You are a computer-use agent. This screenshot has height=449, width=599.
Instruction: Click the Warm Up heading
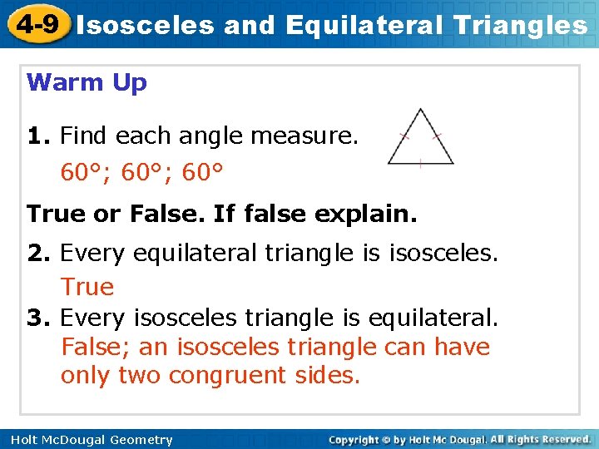[x=87, y=83]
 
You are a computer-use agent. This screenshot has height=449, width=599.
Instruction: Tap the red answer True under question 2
[x=87, y=287]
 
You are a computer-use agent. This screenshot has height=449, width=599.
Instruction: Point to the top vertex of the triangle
[x=421, y=109]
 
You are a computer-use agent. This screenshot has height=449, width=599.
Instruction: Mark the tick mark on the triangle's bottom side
[x=421, y=164]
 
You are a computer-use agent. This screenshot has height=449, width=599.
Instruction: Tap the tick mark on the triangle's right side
[x=438, y=136]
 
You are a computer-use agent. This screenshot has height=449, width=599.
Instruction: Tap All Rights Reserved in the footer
[x=541, y=439]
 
